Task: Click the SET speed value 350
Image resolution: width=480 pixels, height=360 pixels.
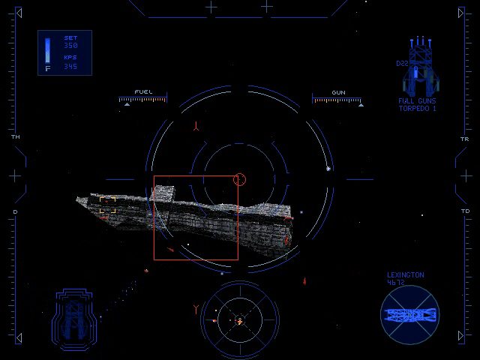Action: (x=70, y=46)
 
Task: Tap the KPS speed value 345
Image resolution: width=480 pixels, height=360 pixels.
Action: (x=70, y=66)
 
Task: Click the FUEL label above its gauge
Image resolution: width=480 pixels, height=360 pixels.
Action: (x=142, y=92)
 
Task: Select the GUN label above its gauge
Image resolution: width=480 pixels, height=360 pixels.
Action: (x=338, y=92)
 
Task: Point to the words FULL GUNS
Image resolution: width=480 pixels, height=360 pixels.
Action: (x=418, y=101)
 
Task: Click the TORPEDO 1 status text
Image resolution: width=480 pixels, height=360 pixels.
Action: (x=418, y=109)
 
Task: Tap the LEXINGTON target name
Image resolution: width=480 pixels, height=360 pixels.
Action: (x=405, y=275)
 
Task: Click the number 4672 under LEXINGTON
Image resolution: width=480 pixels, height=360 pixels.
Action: (x=395, y=283)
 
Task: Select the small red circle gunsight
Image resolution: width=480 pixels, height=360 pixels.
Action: (x=240, y=178)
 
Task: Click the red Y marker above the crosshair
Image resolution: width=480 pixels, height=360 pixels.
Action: (x=196, y=125)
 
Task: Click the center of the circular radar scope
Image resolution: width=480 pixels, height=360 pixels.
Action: (x=239, y=321)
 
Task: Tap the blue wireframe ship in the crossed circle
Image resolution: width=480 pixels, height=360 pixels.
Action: (x=409, y=313)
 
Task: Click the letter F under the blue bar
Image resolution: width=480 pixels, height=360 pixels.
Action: (x=48, y=68)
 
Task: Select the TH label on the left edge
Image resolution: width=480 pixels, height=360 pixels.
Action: (x=15, y=138)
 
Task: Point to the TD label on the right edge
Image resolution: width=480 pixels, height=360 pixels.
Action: (x=465, y=211)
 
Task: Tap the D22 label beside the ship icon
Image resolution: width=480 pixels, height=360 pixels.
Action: (x=401, y=64)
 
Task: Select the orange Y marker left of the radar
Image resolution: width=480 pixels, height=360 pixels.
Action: (x=196, y=308)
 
